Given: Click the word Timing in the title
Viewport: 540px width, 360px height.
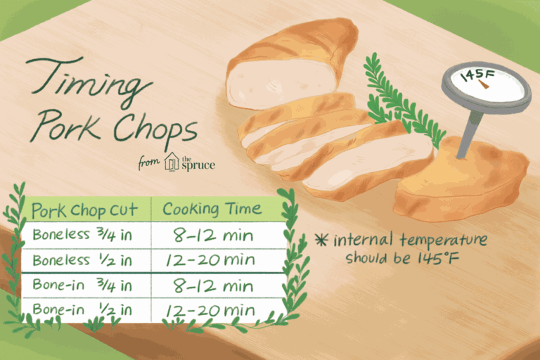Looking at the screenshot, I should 90,83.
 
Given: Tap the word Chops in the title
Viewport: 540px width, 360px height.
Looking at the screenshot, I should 155,130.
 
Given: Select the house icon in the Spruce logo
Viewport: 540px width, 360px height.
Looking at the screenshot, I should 172,163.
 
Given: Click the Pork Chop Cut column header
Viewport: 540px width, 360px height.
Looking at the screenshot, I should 79,210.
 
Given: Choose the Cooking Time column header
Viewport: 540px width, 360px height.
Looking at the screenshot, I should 212,209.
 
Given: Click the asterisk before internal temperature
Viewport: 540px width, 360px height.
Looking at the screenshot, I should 323,240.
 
